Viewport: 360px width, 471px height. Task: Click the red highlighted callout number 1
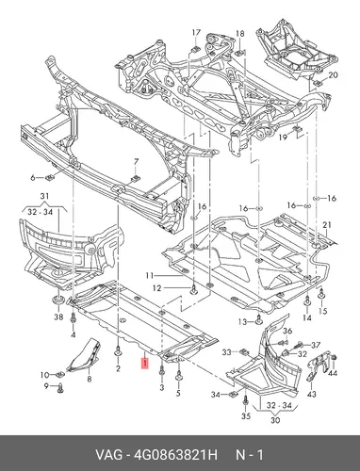(145, 364)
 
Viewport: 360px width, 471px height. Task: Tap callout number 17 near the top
(196, 33)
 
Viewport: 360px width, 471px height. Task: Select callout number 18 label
(239, 34)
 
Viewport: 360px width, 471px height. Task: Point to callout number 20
(333, 75)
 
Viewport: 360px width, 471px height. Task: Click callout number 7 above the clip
(136, 162)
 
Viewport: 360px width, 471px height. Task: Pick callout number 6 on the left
(33, 178)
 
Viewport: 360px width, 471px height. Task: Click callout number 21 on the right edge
(327, 225)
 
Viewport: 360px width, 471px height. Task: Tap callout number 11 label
(150, 276)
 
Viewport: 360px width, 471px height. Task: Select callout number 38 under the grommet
(58, 317)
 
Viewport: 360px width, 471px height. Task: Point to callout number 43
(311, 394)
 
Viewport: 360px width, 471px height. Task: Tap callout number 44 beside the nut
(333, 373)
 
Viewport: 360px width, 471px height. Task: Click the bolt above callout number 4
(73, 317)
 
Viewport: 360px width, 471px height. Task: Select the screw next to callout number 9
(60, 388)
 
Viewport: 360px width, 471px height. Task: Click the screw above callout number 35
(246, 400)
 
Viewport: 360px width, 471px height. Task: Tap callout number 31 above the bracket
(44, 196)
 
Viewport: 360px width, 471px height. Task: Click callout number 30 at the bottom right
(275, 420)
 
